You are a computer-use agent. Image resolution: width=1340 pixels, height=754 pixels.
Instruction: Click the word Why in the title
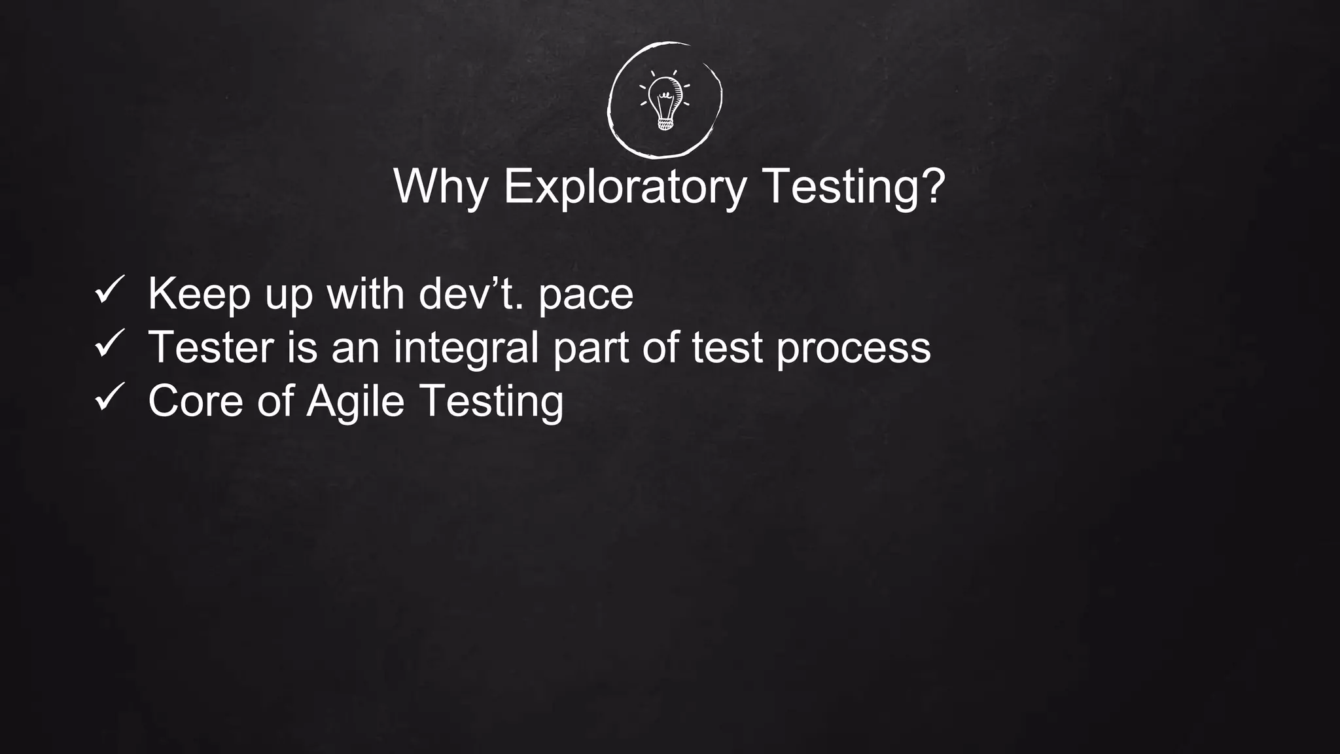[441, 187]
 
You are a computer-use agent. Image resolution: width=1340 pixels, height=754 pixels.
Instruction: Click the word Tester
[211, 347]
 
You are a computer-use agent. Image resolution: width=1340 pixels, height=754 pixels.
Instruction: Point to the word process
[853, 348]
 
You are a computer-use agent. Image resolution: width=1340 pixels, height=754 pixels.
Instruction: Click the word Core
[196, 401]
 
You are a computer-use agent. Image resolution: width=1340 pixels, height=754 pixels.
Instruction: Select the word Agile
[355, 401]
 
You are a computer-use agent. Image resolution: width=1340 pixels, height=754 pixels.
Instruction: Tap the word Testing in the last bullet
[491, 401]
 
